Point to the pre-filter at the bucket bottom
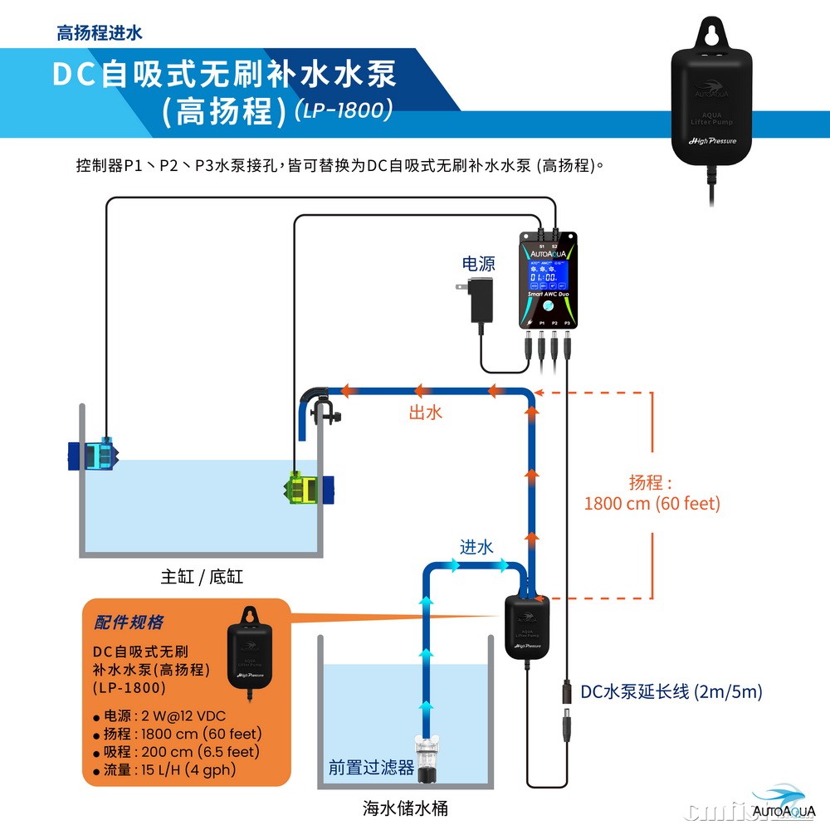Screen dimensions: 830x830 click(x=427, y=759)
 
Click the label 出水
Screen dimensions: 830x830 click(x=426, y=412)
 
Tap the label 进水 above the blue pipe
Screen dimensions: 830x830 click(x=476, y=546)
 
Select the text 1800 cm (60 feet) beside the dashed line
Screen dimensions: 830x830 click(x=652, y=503)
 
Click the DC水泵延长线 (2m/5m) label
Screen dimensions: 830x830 click(x=671, y=691)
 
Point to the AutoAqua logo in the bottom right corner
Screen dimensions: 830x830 click(x=784, y=802)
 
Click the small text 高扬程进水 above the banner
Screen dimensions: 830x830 click(x=99, y=33)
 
